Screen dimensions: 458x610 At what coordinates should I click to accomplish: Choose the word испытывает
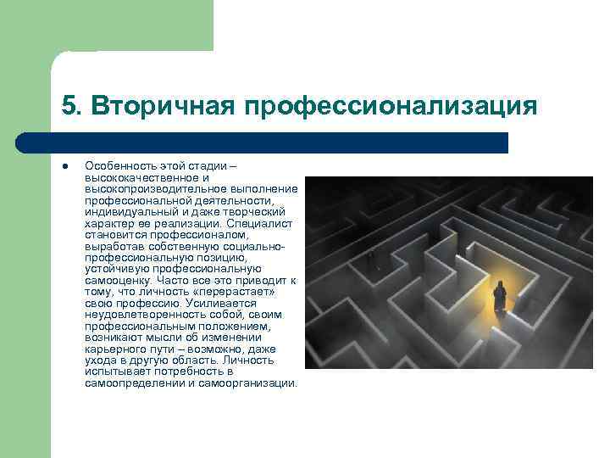coord(115,371)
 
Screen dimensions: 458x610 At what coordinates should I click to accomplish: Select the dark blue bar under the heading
coord(280,142)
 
